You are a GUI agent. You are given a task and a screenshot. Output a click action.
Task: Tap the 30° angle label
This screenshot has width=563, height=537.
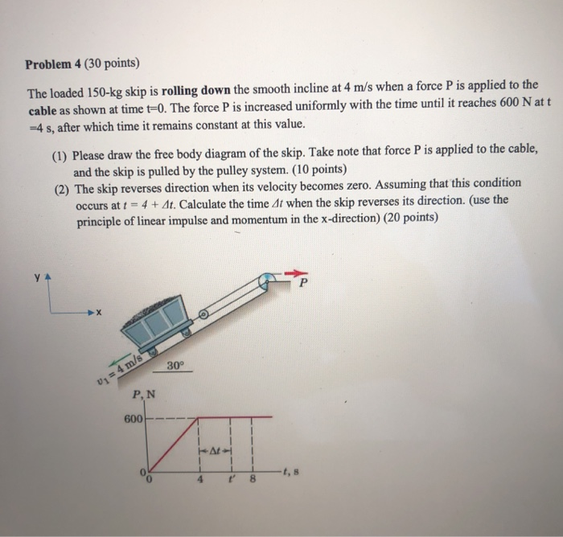pos(176,366)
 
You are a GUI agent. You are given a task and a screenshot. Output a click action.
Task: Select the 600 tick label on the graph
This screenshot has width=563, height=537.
pos(133,419)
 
